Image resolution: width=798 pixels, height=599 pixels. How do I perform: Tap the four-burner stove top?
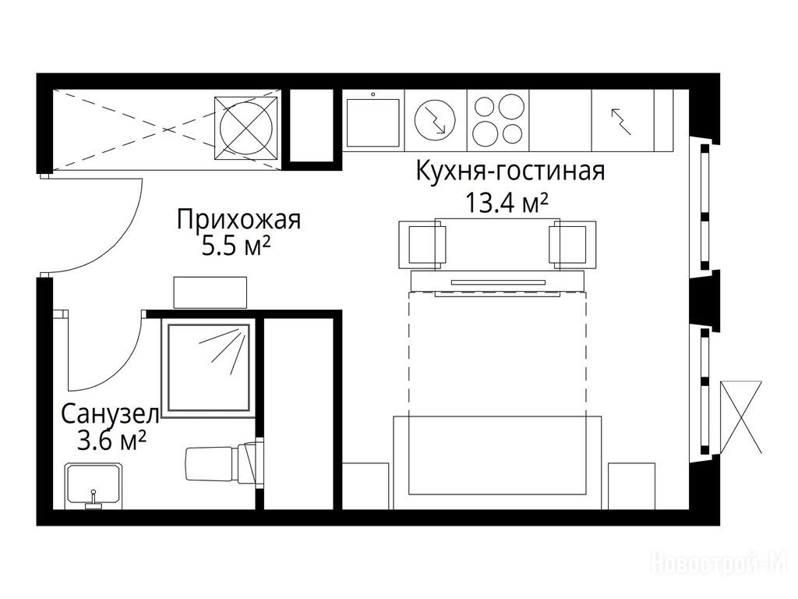(498, 120)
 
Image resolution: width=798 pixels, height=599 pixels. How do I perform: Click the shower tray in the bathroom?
(209, 367)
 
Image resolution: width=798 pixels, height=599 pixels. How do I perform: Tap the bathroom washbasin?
(94, 486)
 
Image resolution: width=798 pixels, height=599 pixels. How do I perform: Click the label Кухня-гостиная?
(510, 171)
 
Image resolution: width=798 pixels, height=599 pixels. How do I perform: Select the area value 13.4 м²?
(507, 203)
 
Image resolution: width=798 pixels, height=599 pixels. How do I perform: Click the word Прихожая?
(238, 219)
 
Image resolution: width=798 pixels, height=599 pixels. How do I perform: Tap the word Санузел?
(110, 415)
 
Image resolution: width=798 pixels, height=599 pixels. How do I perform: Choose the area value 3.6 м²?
(111, 441)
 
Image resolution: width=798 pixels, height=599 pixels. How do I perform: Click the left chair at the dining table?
(422, 244)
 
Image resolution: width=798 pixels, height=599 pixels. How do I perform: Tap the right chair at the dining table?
(573, 244)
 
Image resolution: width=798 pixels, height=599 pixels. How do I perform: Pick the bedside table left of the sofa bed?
(365, 486)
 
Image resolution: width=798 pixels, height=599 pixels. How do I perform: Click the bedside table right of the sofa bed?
(631, 486)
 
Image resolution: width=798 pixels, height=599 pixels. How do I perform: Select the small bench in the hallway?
(210, 292)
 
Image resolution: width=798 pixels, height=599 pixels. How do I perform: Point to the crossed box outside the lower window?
(741, 416)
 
